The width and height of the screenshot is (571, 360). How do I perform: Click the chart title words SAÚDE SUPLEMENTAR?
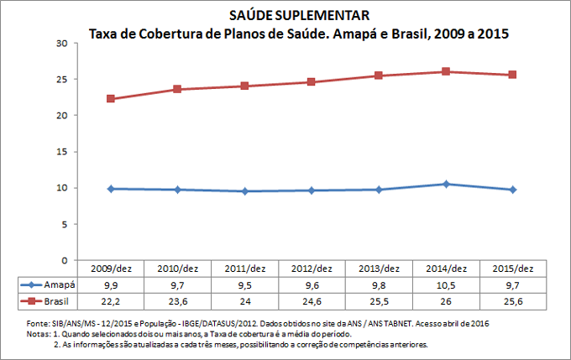point(285,16)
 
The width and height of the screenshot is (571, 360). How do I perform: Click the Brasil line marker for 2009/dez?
point(110,99)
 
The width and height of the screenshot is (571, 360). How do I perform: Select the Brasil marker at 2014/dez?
point(446,72)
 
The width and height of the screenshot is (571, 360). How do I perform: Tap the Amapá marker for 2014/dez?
point(446,184)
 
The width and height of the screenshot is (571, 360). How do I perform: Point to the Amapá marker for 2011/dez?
point(244,191)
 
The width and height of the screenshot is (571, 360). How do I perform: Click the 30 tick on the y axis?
point(62,43)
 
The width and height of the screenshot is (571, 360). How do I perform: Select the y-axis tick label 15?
point(62,152)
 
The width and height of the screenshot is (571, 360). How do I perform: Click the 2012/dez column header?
point(312,269)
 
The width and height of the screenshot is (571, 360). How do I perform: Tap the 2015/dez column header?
point(513,269)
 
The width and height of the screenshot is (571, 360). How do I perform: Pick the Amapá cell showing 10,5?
point(446,284)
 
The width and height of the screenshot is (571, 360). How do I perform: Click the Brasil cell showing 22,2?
point(110,300)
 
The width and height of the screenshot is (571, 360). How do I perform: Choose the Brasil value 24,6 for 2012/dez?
point(312,300)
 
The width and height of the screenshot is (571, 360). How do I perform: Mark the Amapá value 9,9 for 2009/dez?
point(110,284)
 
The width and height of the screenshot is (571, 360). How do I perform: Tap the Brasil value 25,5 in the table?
point(379,300)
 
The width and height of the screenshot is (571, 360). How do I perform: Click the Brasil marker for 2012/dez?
point(312,82)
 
